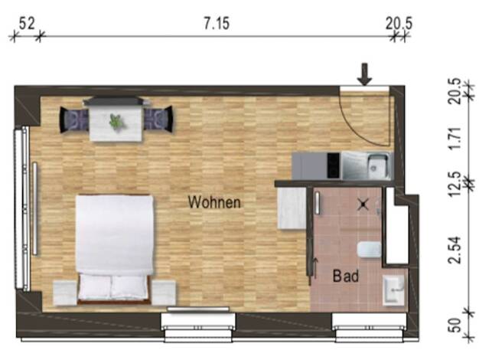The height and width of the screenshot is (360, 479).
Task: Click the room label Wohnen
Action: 214,202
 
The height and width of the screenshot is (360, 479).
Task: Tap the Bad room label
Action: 346,276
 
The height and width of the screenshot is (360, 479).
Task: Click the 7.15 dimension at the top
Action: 217,24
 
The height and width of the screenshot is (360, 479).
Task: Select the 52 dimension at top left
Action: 27,24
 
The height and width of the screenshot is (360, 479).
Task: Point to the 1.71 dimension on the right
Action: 455,138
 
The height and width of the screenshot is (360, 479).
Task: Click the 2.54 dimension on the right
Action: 455,250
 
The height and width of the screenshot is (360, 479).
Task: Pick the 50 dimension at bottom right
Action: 455,325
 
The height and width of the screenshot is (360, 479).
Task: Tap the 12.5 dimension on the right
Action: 455,184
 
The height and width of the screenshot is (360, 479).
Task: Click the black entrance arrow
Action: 365,74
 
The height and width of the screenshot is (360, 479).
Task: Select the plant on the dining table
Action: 117,122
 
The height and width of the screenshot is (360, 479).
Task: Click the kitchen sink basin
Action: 378,166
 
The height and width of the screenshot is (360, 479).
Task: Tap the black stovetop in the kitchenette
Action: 334,165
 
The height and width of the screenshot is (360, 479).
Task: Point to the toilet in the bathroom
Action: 370,250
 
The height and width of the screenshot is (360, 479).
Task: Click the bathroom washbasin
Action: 394,290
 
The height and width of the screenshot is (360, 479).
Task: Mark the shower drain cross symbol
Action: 363,204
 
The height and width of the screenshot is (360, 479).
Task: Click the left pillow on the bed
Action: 95,287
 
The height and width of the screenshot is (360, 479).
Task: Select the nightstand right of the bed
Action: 164,293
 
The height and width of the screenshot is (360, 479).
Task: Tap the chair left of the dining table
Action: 73,119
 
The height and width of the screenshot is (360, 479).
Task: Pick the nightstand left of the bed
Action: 65,293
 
